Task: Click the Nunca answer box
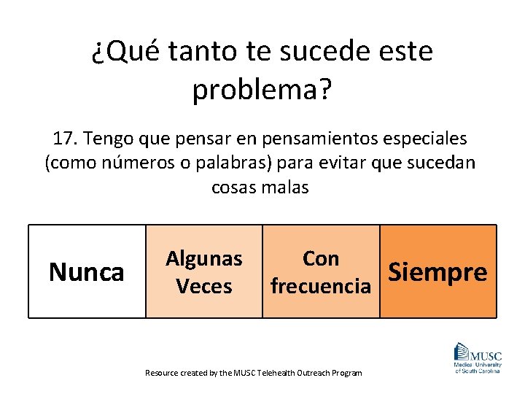click(87, 271)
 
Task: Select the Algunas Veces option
click(204, 271)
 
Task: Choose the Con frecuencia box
click(321, 271)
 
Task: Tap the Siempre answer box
click(438, 271)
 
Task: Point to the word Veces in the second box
click(204, 286)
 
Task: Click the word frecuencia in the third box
click(321, 286)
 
